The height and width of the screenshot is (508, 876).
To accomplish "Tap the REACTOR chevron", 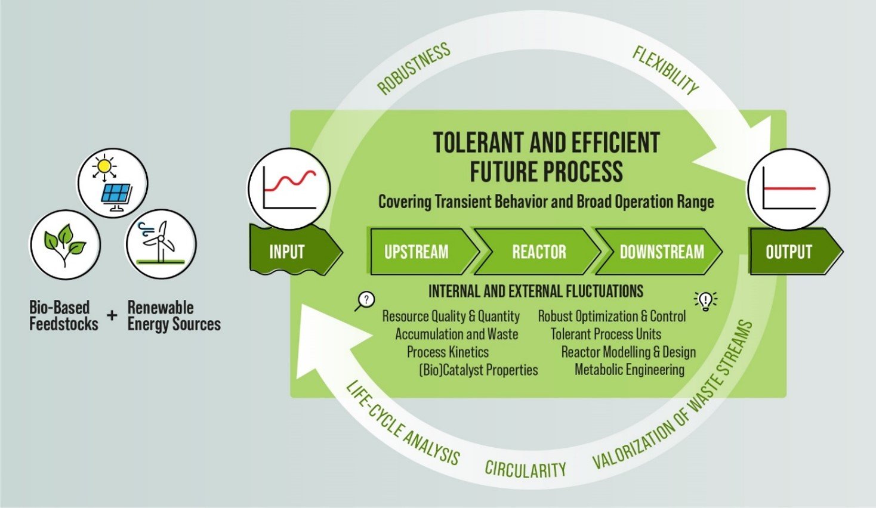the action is tap(538, 251).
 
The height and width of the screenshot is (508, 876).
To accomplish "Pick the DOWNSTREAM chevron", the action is tap(659, 251).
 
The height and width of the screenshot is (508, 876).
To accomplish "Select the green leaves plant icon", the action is tap(65, 244).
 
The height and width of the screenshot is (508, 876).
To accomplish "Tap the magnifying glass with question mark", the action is tap(365, 301).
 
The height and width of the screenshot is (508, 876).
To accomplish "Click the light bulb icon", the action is tap(705, 301).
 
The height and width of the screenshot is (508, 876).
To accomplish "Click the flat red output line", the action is tap(789, 188).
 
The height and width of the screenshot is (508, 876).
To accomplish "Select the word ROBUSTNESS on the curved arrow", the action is tap(414, 69).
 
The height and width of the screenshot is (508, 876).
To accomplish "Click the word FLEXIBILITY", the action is tap(665, 70).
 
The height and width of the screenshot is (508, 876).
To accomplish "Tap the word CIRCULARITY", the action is tap(525, 469).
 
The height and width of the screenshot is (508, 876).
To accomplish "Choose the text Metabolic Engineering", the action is tap(629, 370).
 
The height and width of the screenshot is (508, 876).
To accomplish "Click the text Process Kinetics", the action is tap(448, 352).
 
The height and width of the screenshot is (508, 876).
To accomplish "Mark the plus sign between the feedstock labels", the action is tap(112, 315).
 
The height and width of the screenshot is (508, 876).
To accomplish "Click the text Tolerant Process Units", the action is tap(606, 334).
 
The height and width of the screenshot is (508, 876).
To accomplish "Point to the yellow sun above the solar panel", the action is tap(104, 166).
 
